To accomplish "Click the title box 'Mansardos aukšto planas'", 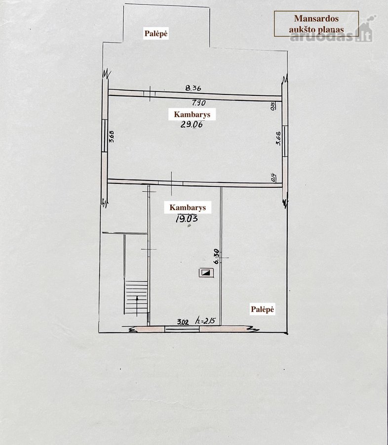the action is click(316, 24).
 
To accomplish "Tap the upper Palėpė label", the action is click(156, 33).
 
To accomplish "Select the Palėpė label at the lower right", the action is click(263, 309).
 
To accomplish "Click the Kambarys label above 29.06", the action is click(192, 114).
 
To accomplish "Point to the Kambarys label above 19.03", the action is click(188, 208).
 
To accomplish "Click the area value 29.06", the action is click(192, 124).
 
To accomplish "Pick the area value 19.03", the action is click(187, 219).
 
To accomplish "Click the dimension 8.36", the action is click(193, 88).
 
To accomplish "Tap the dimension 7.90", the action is click(198, 102).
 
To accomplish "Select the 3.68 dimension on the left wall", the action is click(112, 136).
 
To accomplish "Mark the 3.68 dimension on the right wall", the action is click(278, 138).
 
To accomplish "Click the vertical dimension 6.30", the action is click(216, 256).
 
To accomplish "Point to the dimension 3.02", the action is click(183, 322).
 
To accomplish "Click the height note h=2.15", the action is click(205, 321).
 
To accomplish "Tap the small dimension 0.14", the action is click(273, 178).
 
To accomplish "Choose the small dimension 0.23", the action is click(272, 106).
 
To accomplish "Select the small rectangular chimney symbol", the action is click(206, 273).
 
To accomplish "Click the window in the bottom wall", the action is click(182, 329).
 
